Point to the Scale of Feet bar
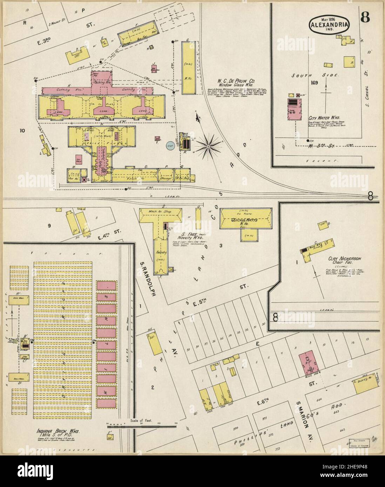click(x=142, y=426)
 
